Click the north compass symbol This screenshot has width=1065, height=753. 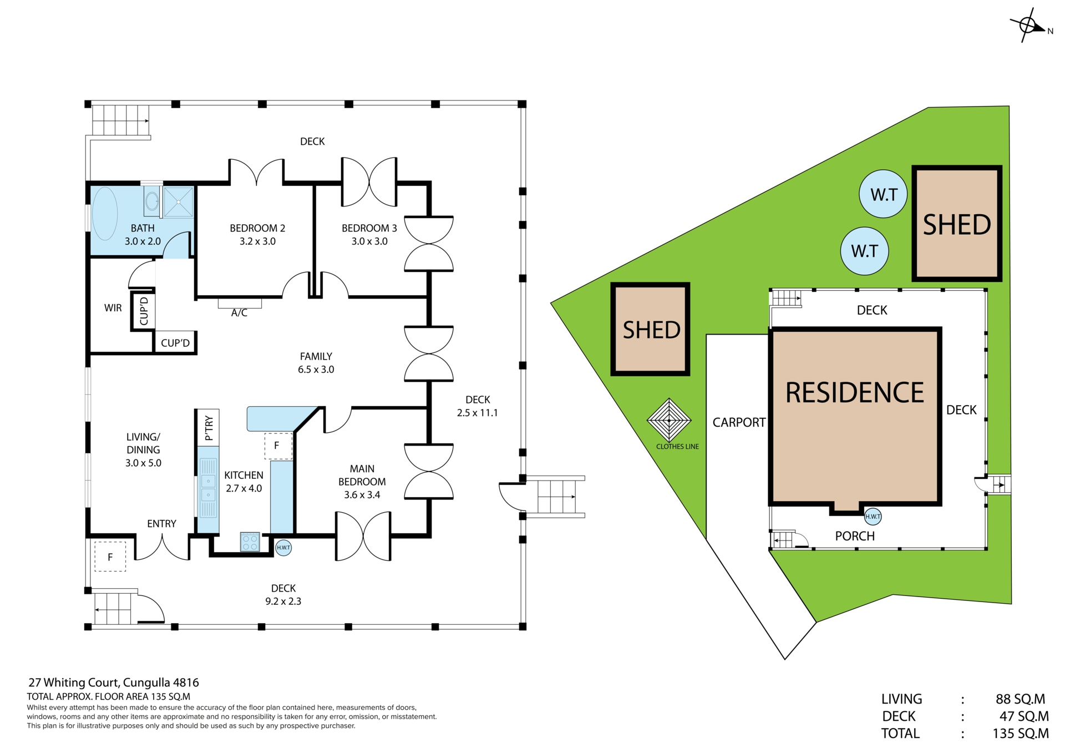[1028, 25]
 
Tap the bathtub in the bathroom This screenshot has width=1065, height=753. [104, 214]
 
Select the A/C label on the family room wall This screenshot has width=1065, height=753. [239, 313]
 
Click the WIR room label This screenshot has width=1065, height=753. [113, 308]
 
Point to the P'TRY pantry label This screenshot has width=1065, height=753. [209, 428]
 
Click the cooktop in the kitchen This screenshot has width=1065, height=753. [250, 542]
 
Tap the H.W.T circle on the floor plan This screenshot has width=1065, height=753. [283, 548]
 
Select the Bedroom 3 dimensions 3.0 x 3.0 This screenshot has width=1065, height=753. [369, 241]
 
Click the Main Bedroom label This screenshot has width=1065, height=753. [362, 475]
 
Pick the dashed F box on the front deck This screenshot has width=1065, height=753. [110, 557]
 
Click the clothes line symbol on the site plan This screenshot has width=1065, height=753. [669, 420]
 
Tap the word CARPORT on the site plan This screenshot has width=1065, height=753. [739, 423]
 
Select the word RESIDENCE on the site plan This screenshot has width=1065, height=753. [855, 393]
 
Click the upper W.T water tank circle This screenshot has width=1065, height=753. [883, 194]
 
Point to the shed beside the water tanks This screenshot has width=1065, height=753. [957, 223]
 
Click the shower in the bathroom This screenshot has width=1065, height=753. [178, 202]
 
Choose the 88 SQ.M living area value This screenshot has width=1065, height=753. [1020, 699]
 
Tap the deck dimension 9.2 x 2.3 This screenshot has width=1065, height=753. [283, 602]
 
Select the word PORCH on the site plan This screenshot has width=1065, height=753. [855, 536]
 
